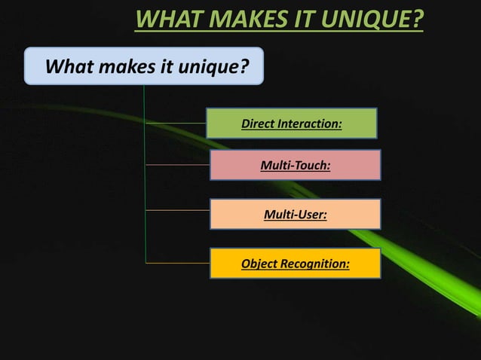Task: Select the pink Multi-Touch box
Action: click(x=295, y=164)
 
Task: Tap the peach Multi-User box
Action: click(x=295, y=215)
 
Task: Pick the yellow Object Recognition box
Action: click(x=295, y=264)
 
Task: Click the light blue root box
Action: click(x=144, y=66)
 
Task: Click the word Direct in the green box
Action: click(x=258, y=124)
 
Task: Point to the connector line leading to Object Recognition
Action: click(x=176, y=263)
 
